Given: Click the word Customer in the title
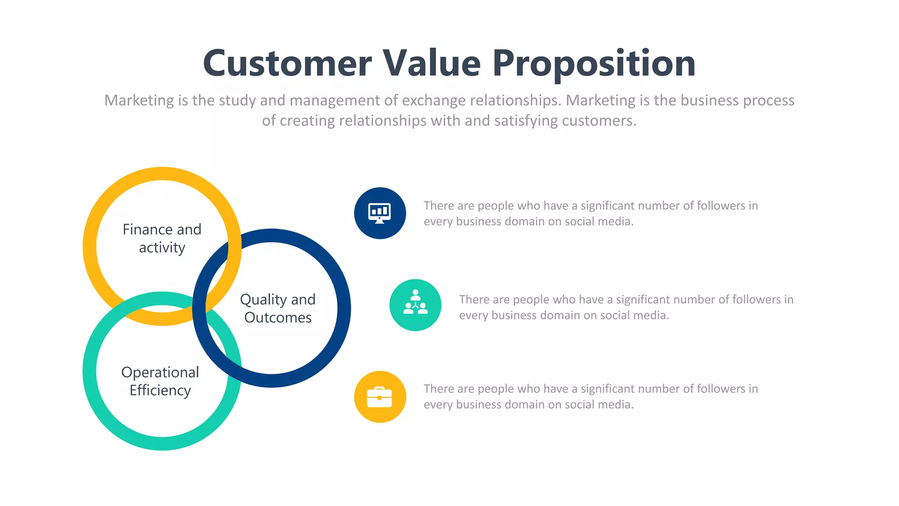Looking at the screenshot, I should click(x=288, y=63).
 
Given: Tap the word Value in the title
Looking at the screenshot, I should click(x=432, y=63).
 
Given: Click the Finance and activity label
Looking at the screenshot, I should click(x=162, y=239).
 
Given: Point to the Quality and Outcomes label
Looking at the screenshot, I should click(x=278, y=308).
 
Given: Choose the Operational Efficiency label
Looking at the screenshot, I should click(x=160, y=381).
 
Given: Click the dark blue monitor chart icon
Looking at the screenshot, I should click(x=380, y=213).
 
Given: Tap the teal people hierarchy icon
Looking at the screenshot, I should click(x=415, y=305).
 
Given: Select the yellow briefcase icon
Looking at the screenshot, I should click(x=380, y=397).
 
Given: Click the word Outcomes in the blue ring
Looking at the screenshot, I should click(x=278, y=318).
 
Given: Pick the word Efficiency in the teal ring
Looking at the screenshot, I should click(x=160, y=390).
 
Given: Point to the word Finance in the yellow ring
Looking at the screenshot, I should click(x=147, y=229).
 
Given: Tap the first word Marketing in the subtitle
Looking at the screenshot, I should click(x=139, y=101).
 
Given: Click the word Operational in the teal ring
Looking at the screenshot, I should click(x=160, y=372).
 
